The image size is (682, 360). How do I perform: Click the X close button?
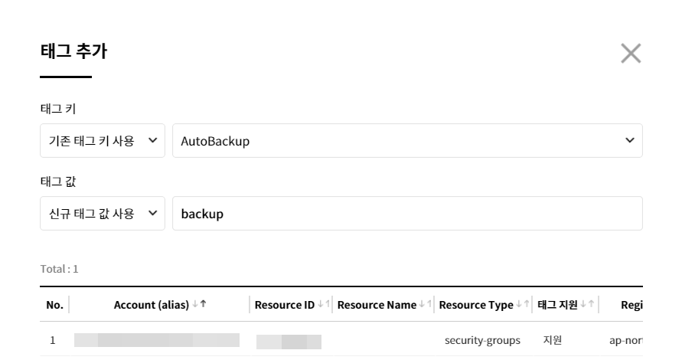click(x=631, y=53)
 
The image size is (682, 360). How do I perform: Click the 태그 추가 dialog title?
click(x=73, y=52)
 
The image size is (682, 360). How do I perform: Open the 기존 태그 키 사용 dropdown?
click(x=102, y=141)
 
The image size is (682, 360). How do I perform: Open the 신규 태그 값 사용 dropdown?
click(x=102, y=214)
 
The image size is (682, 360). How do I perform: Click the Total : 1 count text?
click(x=59, y=269)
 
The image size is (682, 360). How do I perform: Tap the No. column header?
click(x=54, y=305)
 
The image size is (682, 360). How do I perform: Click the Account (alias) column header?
click(x=152, y=305)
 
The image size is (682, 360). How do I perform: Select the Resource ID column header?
click(x=284, y=305)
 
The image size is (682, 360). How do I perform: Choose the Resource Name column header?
click(x=377, y=305)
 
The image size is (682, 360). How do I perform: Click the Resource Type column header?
click(x=476, y=305)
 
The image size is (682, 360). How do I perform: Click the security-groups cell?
click(x=483, y=340)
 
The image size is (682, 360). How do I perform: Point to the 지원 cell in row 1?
click(x=552, y=340)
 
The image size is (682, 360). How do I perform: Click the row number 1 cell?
click(x=52, y=340)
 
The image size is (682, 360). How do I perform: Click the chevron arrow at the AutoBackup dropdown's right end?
click(x=630, y=141)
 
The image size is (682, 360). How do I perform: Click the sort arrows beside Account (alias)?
click(x=199, y=305)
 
